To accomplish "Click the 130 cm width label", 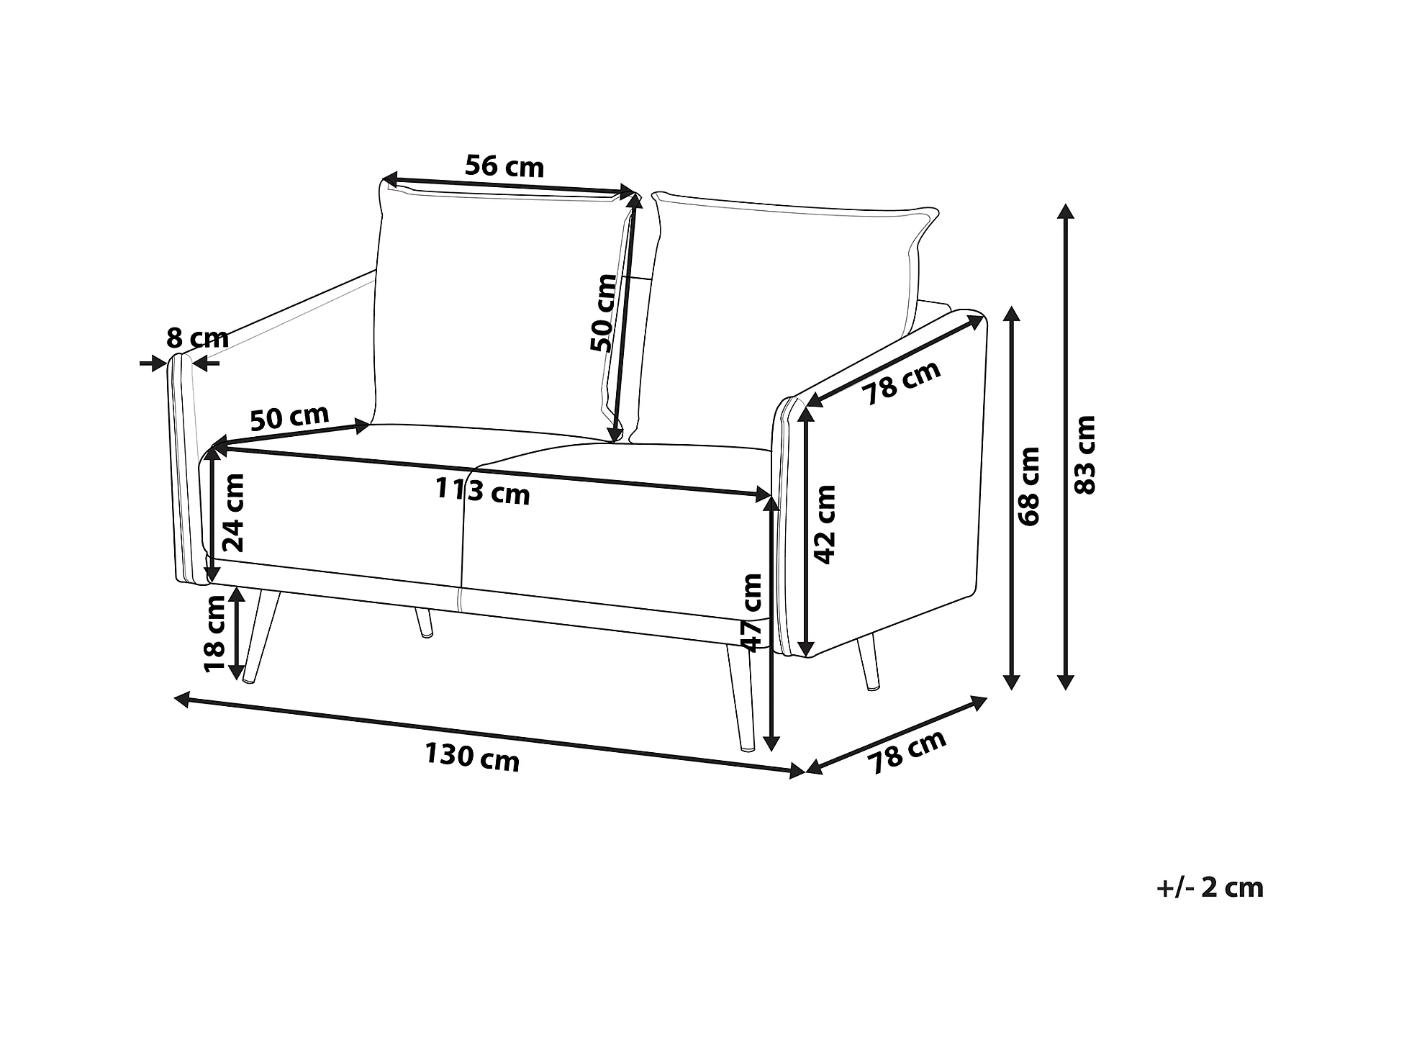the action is pos(471,757).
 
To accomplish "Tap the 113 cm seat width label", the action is pos(482,492).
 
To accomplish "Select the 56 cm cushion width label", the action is pos(504,166).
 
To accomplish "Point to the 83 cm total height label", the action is pos(1084,454).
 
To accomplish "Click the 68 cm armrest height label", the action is pos(1030,486).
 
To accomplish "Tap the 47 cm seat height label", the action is pos(752,612).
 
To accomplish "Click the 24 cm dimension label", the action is pos(234,512).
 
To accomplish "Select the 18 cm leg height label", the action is pos(214,634).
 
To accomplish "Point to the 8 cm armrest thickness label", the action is pos(197,338).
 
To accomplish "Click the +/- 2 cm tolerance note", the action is pos(1209,887).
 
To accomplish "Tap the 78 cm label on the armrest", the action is pos(902,382).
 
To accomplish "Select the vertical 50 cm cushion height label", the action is pos(603,312).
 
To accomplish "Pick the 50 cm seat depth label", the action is pos(289,417).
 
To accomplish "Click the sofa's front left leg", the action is pos(261,633).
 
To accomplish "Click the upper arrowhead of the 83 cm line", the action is pos(1066,211).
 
